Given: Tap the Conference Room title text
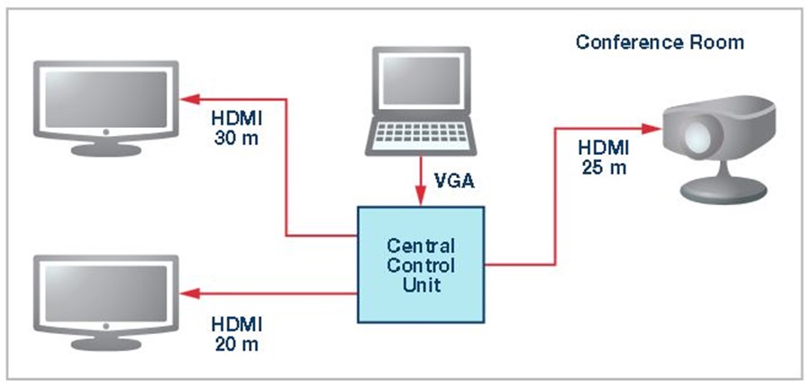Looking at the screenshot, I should click(x=660, y=42).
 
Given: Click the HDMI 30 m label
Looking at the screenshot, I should click(x=237, y=128).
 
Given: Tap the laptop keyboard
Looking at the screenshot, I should click(x=420, y=136).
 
